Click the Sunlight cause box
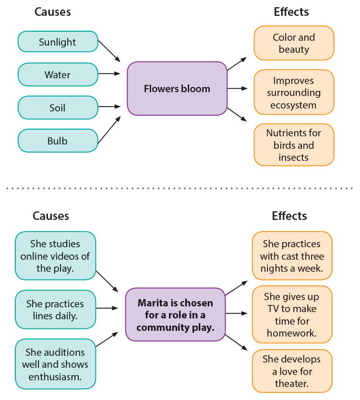[x=58, y=42]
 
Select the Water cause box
[x=58, y=74]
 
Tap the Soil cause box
[x=58, y=108]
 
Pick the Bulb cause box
[x=58, y=141]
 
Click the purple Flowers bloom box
[x=177, y=89]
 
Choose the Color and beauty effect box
[x=293, y=43]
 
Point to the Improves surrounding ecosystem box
[x=293, y=92]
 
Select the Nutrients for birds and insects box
[x=293, y=145]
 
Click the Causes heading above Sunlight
[x=52, y=12]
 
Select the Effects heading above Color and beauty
[x=291, y=12]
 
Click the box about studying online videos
[x=55, y=256]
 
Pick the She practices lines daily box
[x=55, y=310]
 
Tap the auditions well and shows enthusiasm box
[x=55, y=364]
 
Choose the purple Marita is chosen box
[x=175, y=315]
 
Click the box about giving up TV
[x=292, y=315]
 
